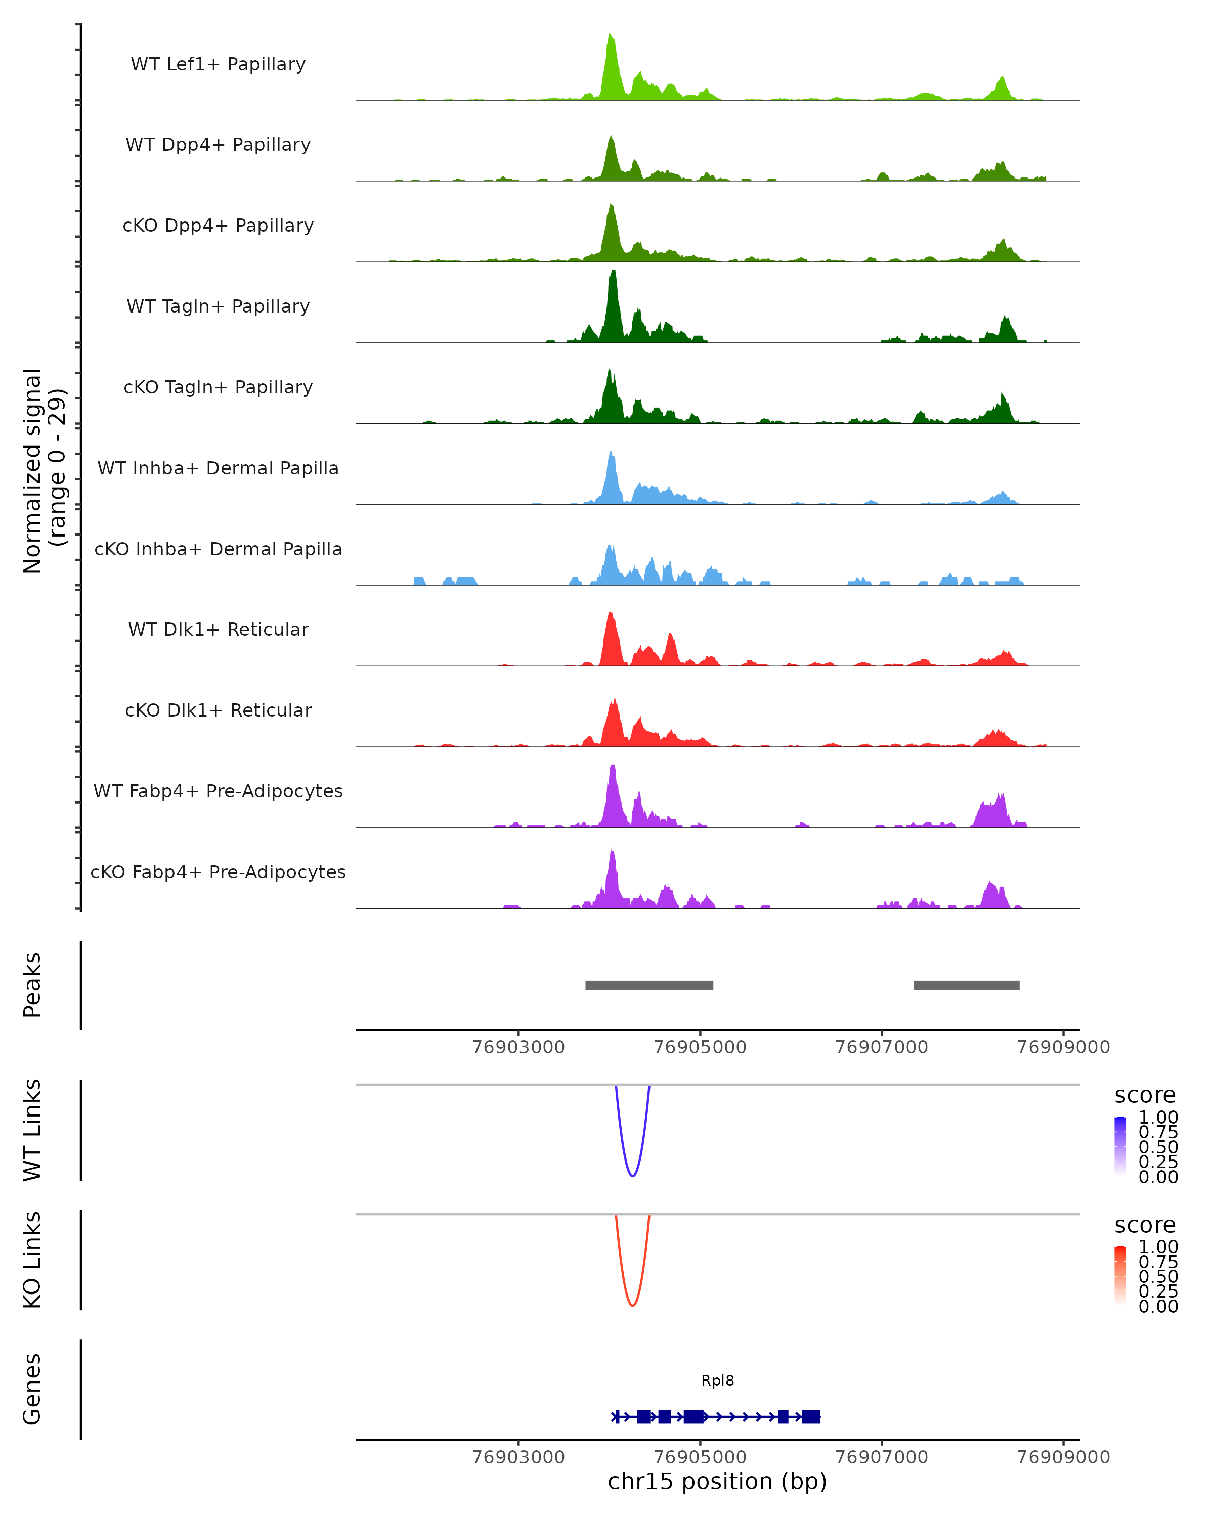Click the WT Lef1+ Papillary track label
pyautogui.click(x=218, y=64)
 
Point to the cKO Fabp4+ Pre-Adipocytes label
pyautogui.click(x=218, y=872)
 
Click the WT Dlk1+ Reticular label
pyautogui.click(x=218, y=629)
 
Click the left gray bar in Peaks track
pyautogui.click(x=649, y=985)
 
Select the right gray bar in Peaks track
pyautogui.click(x=966, y=985)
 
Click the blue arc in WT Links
pyautogui.click(x=633, y=1175)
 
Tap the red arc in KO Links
pyautogui.click(x=633, y=1305)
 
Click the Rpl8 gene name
pyautogui.click(x=717, y=1380)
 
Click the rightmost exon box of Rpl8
pyautogui.click(x=811, y=1416)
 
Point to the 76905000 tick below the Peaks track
pyautogui.click(x=700, y=1047)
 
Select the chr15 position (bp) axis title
pyautogui.click(x=717, y=1482)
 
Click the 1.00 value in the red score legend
pyautogui.click(x=1158, y=1246)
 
